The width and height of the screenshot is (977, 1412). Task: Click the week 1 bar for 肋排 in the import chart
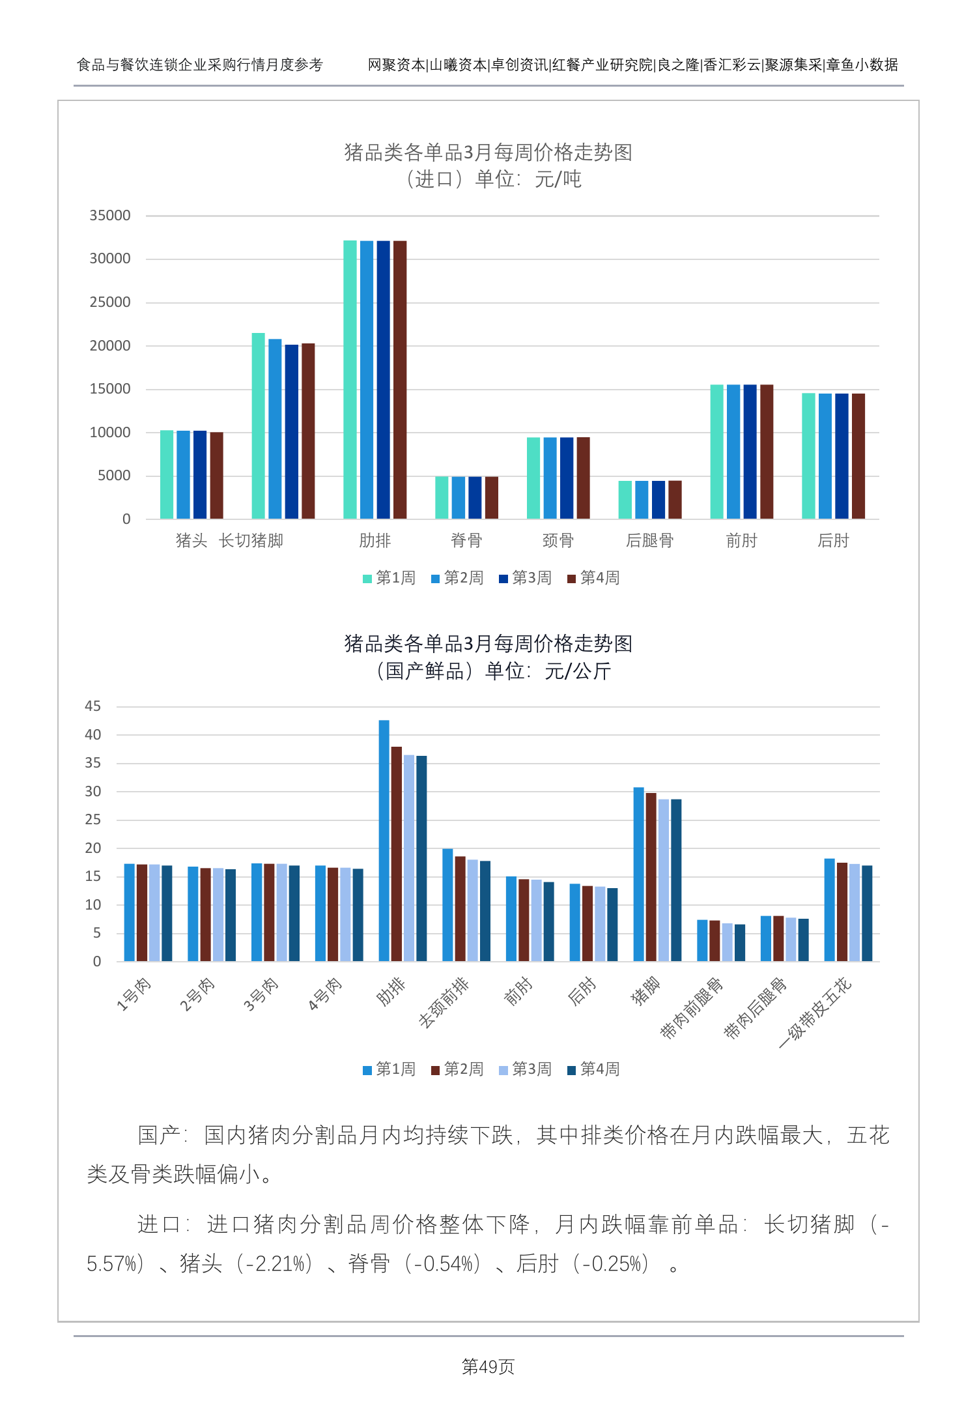[350, 379]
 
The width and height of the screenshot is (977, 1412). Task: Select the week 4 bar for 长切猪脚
[308, 431]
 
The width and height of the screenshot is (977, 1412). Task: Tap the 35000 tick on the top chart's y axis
[110, 216]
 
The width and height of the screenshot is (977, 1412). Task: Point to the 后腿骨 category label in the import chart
[649, 540]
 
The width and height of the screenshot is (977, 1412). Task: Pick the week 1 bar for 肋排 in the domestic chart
[384, 841]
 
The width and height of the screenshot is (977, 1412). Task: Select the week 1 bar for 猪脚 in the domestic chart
[638, 874]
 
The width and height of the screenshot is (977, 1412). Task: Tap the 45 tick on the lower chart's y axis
[93, 706]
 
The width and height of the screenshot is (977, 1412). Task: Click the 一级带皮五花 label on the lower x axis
[815, 1012]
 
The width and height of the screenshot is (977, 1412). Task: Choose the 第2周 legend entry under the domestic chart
[457, 1069]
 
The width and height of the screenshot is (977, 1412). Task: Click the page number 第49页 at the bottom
[488, 1366]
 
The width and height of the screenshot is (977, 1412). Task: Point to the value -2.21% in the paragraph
[278, 1264]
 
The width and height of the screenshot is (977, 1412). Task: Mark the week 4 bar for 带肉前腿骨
[740, 943]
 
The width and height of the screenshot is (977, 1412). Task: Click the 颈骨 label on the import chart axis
[558, 540]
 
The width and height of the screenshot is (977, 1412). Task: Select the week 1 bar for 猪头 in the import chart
[167, 474]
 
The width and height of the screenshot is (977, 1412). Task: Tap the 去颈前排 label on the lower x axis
[444, 1003]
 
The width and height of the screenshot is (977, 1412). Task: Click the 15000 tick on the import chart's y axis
[110, 389]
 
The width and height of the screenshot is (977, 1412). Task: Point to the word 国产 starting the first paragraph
[159, 1135]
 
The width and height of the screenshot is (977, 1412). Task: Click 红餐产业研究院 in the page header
[602, 65]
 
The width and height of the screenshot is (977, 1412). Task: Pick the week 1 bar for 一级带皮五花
[829, 910]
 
